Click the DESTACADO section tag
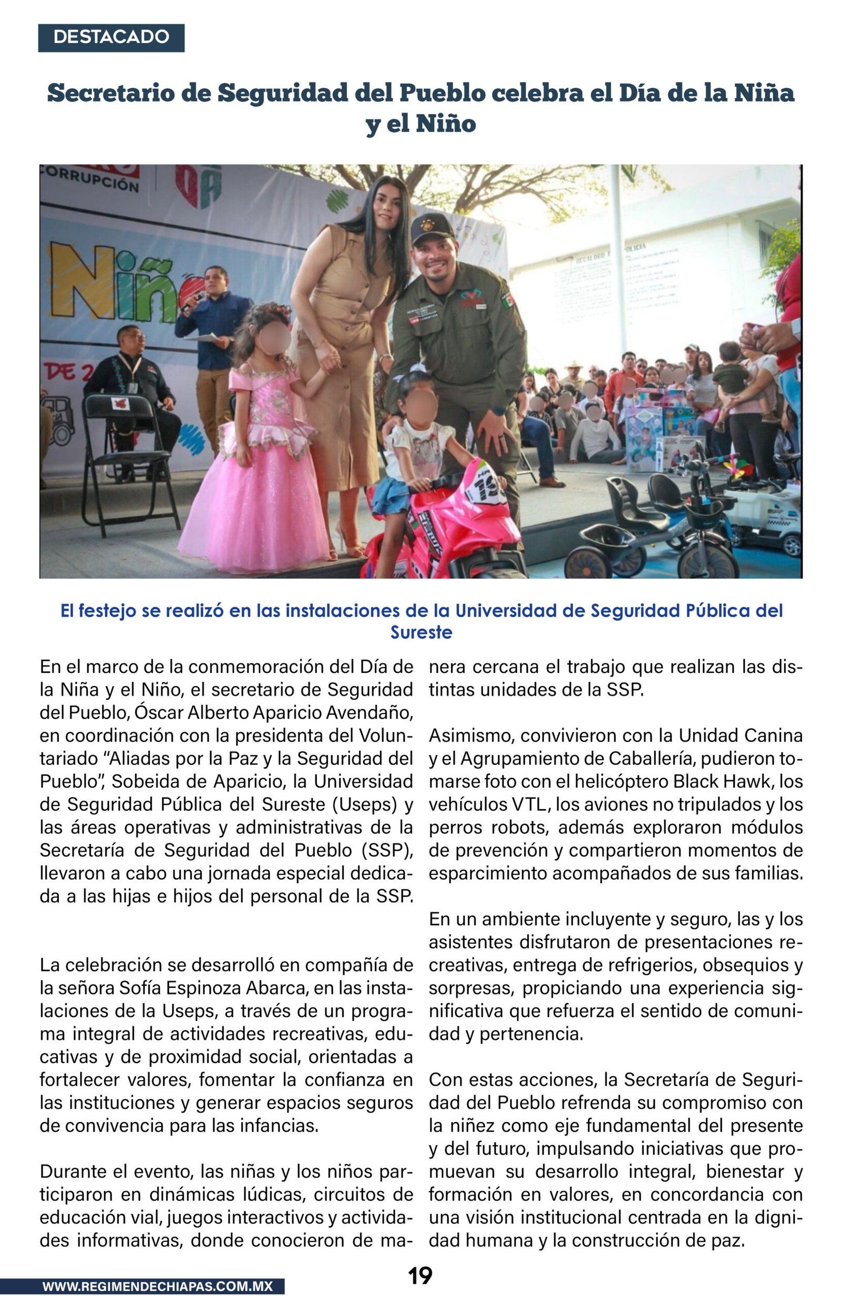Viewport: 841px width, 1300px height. pyautogui.click(x=111, y=38)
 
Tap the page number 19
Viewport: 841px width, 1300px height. pyautogui.click(x=420, y=1276)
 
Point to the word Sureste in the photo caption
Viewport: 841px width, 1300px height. pyautogui.click(x=421, y=632)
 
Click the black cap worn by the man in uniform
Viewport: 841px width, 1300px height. pyautogui.click(x=432, y=228)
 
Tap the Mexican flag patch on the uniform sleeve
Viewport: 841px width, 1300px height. pyautogui.click(x=508, y=300)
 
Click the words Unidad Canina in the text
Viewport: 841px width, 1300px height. pyautogui.click(x=740, y=735)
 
